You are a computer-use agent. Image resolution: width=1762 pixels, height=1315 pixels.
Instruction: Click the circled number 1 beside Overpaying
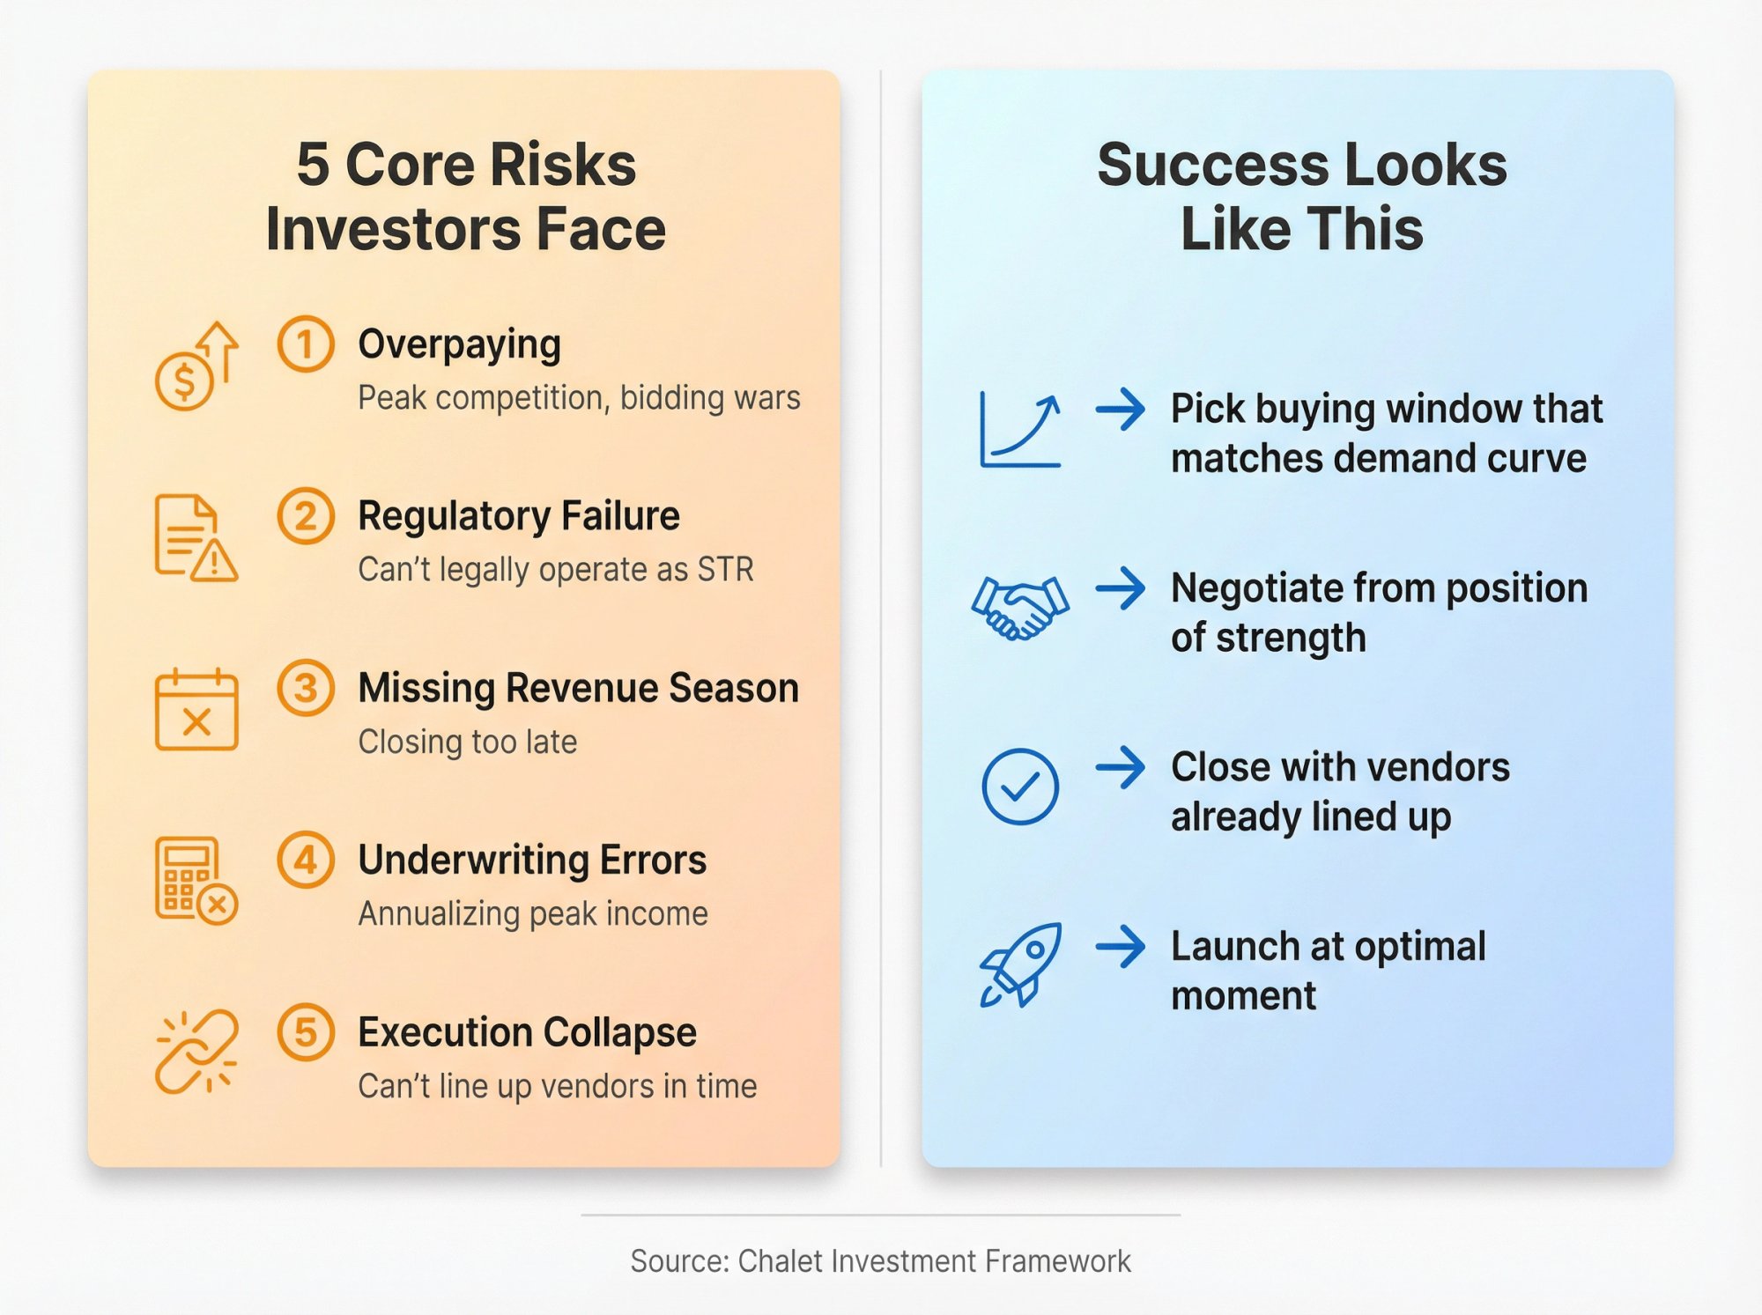click(x=305, y=344)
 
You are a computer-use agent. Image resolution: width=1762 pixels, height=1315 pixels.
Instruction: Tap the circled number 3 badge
click(x=305, y=688)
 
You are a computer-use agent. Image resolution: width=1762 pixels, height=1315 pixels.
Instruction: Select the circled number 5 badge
click(x=305, y=1032)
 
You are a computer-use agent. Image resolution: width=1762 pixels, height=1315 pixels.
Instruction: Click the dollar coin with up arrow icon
click(x=196, y=366)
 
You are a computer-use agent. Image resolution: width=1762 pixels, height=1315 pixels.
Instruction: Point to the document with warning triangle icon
click(x=196, y=538)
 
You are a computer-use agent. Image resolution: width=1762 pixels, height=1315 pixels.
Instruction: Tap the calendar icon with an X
click(x=196, y=710)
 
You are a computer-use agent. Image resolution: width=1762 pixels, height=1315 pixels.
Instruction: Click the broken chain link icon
click(x=196, y=1052)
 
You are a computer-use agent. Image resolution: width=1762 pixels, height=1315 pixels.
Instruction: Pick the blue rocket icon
click(x=1020, y=965)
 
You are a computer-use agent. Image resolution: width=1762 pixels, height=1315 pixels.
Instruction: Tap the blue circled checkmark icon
click(x=1020, y=787)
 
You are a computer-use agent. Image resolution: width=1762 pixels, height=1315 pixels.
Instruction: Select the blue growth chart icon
click(x=1020, y=431)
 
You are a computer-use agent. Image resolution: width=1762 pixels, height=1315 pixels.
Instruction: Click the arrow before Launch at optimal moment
click(x=1120, y=947)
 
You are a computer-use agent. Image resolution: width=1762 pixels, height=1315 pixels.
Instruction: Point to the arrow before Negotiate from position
click(x=1120, y=588)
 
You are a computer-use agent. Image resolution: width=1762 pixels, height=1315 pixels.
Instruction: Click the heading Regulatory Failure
click(x=518, y=516)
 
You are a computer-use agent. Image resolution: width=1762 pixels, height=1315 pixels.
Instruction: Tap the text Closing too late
click(x=467, y=742)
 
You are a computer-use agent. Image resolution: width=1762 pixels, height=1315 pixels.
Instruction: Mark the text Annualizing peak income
click(x=532, y=914)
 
